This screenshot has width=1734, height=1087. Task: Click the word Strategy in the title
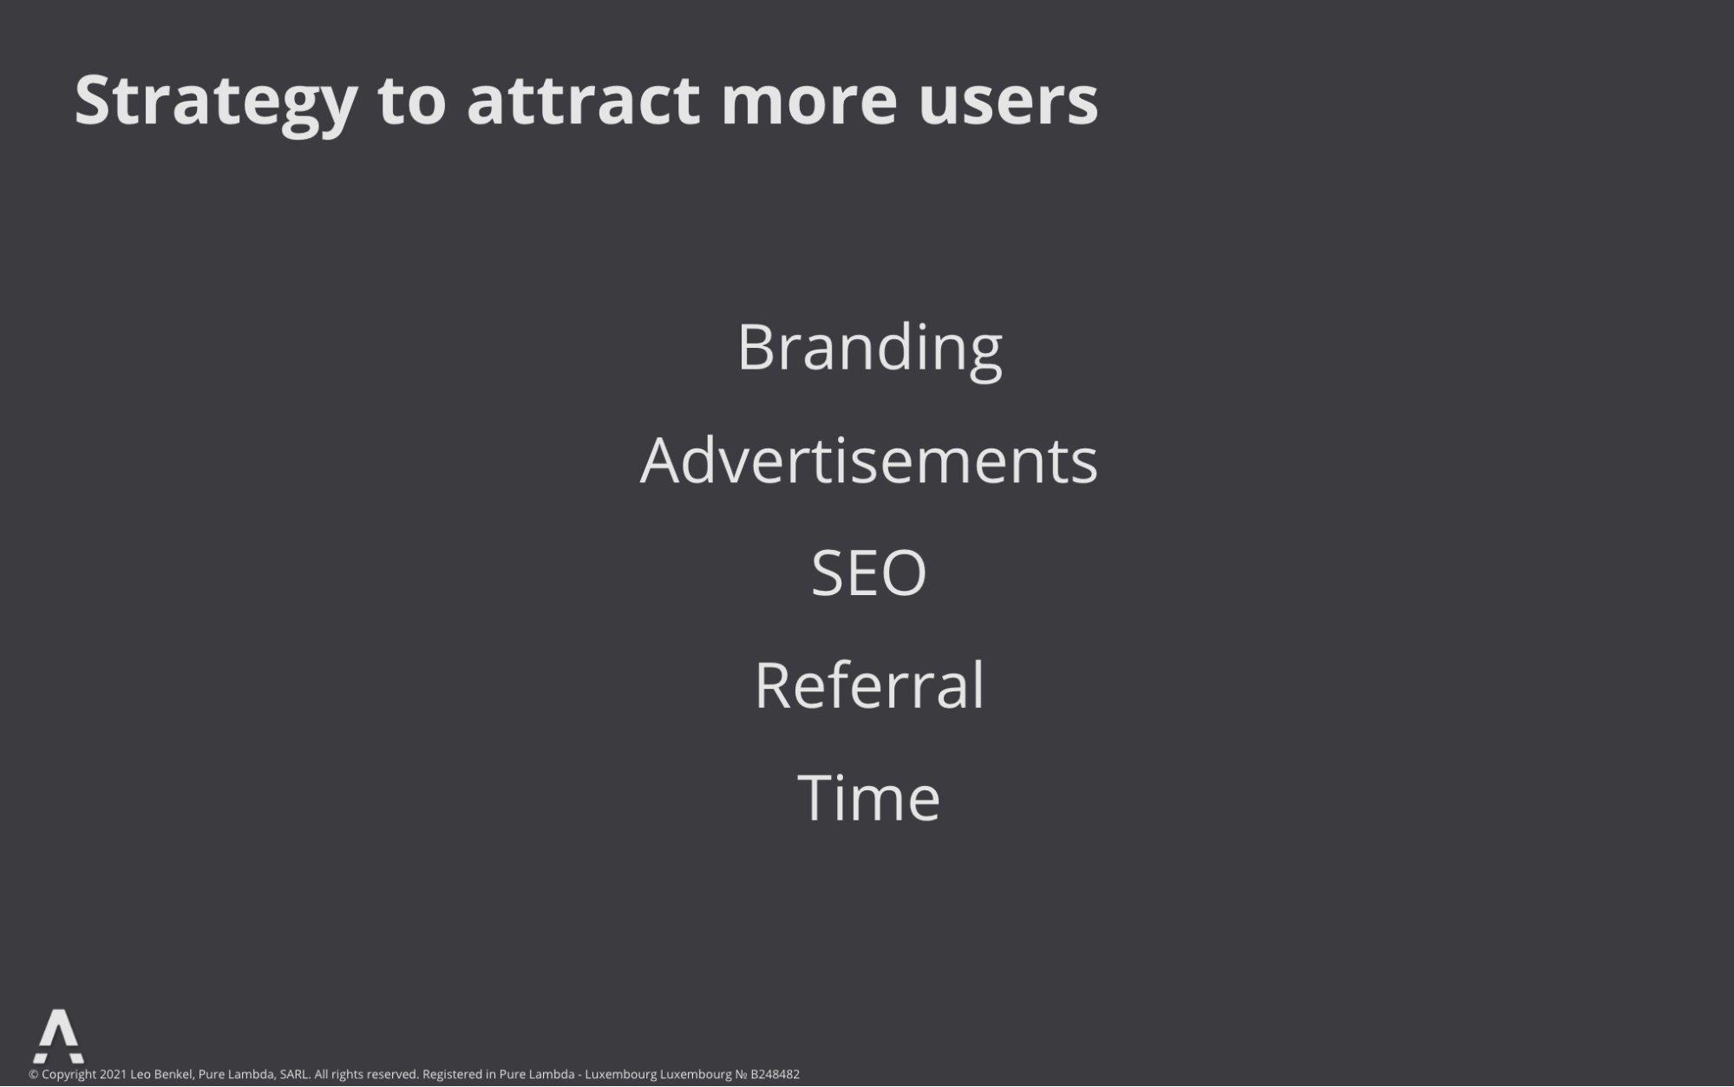click(216, 102)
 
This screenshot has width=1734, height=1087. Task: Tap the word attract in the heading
click(583, 101)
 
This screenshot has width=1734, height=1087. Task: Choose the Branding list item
click(869, 349)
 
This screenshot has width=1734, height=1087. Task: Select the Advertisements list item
click(868, 460)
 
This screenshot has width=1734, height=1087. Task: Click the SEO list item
click(868, 573)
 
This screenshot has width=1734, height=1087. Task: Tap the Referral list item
click(869, 684)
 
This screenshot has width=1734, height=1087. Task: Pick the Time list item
click(868, 796)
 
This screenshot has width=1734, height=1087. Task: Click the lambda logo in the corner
click(58, 1036)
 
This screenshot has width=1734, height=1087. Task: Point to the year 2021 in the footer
click(113, 1075)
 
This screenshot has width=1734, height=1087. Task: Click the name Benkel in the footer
click(173, 1075)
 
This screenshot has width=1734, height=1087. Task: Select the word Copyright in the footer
click(69, 1075)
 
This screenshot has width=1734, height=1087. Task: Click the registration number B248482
click(775, 1075)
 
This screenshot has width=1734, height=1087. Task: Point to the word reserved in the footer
click(393, 1075)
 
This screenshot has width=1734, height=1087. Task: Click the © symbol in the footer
click(34, 1075)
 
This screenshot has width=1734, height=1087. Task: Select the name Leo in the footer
click(141, 1075)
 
